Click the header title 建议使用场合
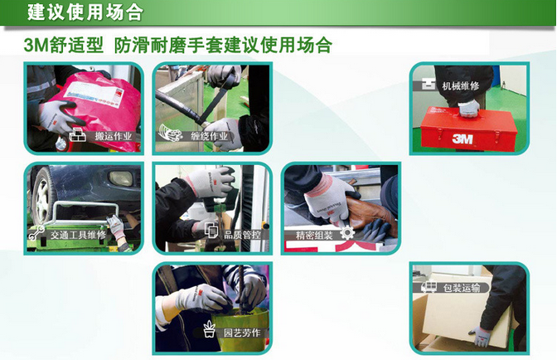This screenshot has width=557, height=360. pyautogui.click(x=85, y=12)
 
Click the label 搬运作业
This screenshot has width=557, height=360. pyautogui.click(x=114, y=136)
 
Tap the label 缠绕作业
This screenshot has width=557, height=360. pyautogui.click(x=209, y=136)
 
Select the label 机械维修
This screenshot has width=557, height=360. pyautogui.click(x=460, y=85)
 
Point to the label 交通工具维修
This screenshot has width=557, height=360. pyautogui.click(x=78, y=235)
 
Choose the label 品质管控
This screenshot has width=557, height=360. pyautogui.click(x=242, y=235)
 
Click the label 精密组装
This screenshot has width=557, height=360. pyautogui.click(x=314, y=235)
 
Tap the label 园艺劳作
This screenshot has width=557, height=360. pyautogui.click(x=242, y=333)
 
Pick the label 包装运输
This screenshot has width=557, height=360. pyautogui.click(x=461, y=288)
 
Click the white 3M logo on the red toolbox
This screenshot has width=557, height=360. pyautogui.click(x=463, y=139)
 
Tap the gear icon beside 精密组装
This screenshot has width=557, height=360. pyautogui.click(x=347, y=233)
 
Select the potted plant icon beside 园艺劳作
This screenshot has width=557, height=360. pyautogui.click(x=210, y=329)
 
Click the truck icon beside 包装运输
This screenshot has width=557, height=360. pyautogui.click(x=429, y=287)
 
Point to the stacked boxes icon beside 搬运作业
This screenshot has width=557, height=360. pyautogui.click(x=77, y=134)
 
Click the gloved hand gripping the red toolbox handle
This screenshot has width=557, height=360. pyautogui.click(x=469, y=109)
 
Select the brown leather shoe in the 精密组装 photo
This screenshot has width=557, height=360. pyautogui.click(x=370, y=212)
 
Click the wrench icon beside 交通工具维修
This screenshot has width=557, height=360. pyautogui.click(x=36, y=233)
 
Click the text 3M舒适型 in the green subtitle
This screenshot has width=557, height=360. pyautogui.click(x=64, y=45)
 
